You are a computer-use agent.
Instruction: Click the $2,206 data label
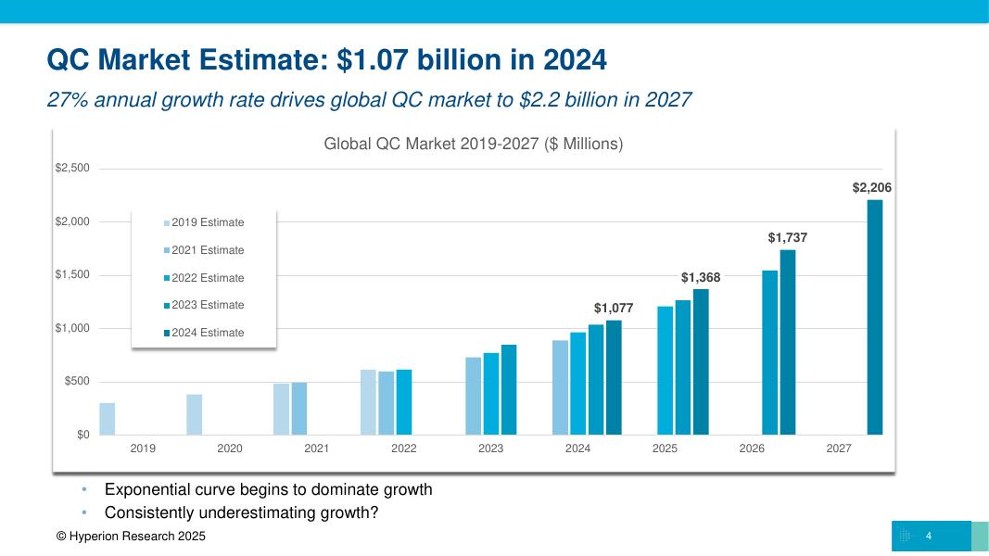(x=871, y=188)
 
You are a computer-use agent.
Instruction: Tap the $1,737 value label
(x=787, y=238)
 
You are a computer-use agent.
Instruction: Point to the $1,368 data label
(x=701, y=278)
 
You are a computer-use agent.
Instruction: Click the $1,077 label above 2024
(x=614, y=308)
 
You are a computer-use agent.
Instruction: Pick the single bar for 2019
(x=108, y=419)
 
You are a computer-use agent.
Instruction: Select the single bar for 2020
(x=195, y=414)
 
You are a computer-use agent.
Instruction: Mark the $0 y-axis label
(x=82, y=435)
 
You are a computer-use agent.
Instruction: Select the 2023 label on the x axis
(x=490, y=449)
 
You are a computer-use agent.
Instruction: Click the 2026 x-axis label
(x=752, y=449)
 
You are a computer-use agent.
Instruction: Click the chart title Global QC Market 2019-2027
(x=473, y=145)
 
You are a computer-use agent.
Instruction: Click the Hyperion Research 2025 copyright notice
(x=131, y=537)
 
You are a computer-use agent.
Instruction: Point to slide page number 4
(x=928, y=537)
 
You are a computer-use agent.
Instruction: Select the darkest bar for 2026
(x=788, y=342)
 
